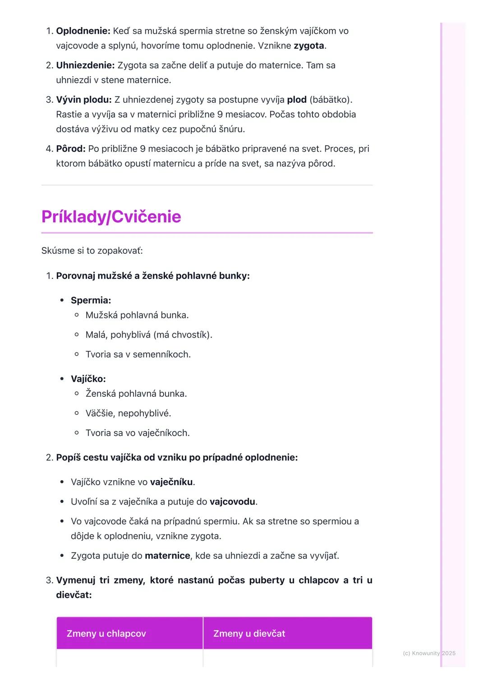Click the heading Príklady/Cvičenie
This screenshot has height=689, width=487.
(111, 217)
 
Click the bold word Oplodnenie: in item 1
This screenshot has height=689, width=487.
(83, 31)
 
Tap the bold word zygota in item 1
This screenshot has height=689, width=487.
(308, 46)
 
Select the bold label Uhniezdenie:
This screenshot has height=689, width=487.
(85, 65)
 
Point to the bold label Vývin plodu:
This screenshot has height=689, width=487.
(83, 100)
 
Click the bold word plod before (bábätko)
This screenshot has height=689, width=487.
(296, 100)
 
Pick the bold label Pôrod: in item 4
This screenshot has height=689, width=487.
(71, 149)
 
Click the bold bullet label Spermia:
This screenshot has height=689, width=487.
(91, 300)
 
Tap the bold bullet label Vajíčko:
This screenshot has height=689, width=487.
(88, 379)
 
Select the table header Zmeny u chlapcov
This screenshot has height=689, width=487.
(106, 634)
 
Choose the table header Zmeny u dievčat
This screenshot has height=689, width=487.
(249, 634)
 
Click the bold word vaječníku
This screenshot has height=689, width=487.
(171, 482)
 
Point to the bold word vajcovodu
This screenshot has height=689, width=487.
(232, 502)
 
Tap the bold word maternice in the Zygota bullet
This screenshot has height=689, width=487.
(167, 556)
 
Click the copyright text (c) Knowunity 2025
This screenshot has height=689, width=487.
(429, 653)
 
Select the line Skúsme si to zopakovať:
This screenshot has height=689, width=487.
(92, 251)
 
